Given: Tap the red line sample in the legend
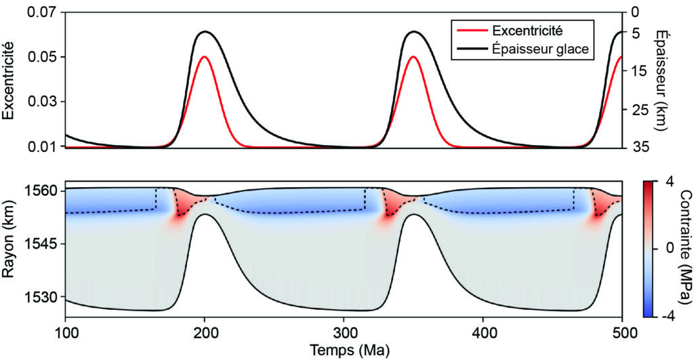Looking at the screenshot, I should click(472, 31).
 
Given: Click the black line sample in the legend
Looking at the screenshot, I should click(472, 49).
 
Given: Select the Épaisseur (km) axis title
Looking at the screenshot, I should click(680, 79).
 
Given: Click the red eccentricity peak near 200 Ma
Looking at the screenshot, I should click(205, 57).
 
